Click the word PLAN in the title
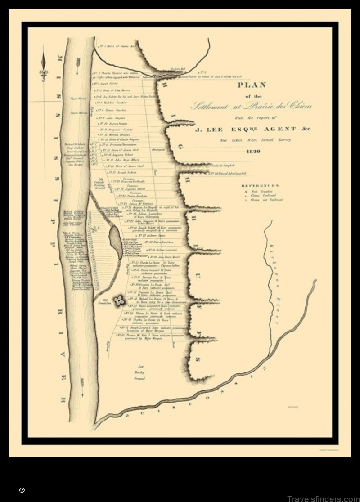pos(253,85)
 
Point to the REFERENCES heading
pos(260,185)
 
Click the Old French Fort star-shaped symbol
pos(119,301)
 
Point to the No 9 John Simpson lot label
pos(111,118)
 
